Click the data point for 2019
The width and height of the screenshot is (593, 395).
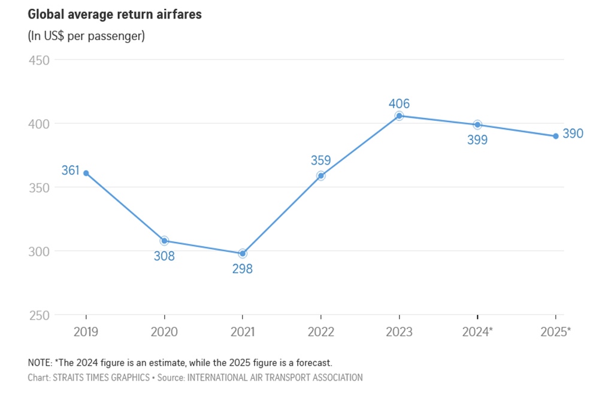(x=86, y=173)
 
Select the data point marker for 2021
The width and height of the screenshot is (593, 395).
(x=243, y=253)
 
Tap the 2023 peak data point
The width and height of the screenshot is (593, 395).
(x=399, y=116)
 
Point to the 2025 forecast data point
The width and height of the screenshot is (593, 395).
(x=556, y=136)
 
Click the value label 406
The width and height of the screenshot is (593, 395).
(x=399, y=104)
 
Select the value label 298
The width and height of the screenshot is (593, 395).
(x=243, y=269)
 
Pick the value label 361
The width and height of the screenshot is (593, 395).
(x=70, y=171)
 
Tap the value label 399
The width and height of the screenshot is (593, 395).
(x=477, y=140)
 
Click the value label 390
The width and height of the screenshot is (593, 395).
(x=573, y=134)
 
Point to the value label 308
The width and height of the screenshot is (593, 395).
(x=164, y=257)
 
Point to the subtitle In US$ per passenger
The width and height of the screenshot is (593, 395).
(x=86, y=36)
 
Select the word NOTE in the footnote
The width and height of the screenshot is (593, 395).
(x=40, y=363)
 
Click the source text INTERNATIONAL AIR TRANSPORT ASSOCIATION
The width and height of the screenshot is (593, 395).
(x=275, y=378)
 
